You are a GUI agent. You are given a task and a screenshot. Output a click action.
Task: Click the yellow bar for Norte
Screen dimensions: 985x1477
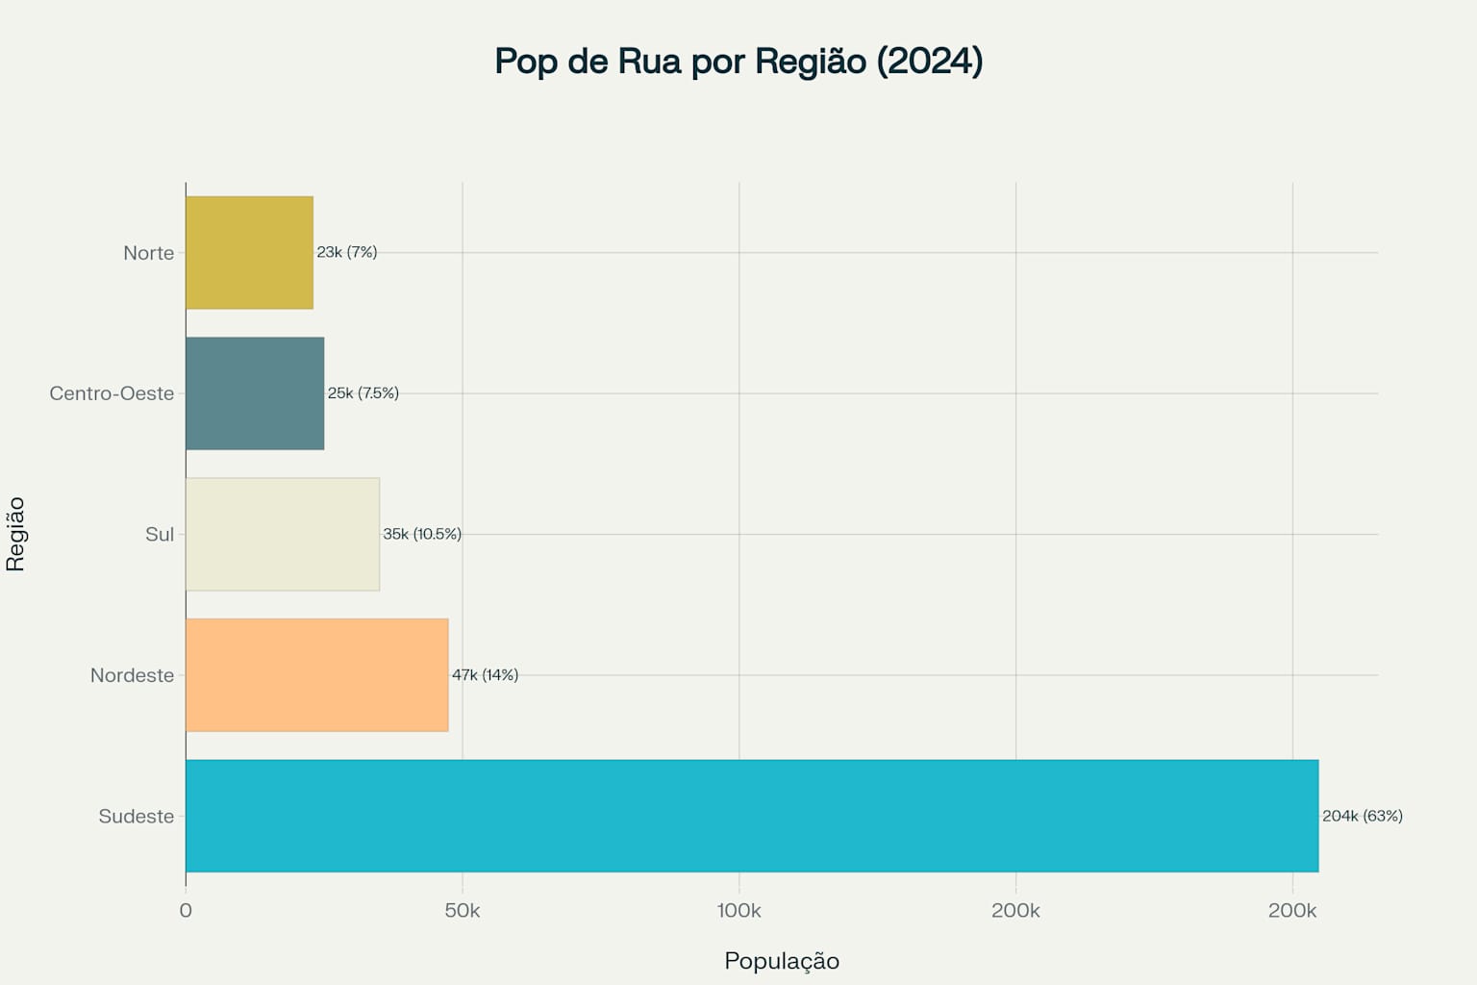coord(249,253)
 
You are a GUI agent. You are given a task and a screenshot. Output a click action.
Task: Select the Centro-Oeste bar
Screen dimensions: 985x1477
coord(255,393)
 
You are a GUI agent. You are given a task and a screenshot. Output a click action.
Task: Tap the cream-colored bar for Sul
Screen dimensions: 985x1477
coord(282,534)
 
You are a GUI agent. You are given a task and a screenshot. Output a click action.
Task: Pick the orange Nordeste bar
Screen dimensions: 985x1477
coord(316,675)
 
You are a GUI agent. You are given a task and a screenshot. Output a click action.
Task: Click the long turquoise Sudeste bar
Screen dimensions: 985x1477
coord(751,816)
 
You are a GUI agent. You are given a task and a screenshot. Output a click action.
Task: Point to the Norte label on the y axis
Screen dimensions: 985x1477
coord(148,253)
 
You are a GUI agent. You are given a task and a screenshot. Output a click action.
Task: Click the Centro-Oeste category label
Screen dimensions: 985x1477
coord(112,393)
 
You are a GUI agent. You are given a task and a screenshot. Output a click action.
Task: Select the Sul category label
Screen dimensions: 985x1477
coord(160,534)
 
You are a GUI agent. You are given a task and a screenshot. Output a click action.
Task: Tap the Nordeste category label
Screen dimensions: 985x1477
coord(132,675)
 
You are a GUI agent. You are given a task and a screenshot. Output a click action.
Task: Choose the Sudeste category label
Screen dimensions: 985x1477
coord(136,817)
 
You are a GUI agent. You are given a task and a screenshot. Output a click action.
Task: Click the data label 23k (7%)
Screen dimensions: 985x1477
coord(347,252)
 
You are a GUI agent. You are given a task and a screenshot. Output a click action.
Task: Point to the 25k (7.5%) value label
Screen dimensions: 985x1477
coord(363,392)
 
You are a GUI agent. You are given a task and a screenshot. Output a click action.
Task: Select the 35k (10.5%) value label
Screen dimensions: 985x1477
coord(422,534)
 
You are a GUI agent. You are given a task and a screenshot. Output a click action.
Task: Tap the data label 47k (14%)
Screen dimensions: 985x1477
coord(485,674)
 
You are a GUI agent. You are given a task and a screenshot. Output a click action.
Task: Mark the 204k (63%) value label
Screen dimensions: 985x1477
coord(1362,816)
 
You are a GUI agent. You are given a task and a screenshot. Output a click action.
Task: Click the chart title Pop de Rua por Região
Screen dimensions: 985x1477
coord(738,61)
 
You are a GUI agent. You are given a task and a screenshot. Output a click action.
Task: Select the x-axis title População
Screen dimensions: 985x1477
coord(782,961)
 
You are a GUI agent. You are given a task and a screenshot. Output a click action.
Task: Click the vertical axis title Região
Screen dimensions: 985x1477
coord(15,534)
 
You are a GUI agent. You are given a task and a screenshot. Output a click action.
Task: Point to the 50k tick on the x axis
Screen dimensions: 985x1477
coord(463,911)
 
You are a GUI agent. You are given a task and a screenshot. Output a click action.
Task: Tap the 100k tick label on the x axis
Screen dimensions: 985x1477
coord(738,911)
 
